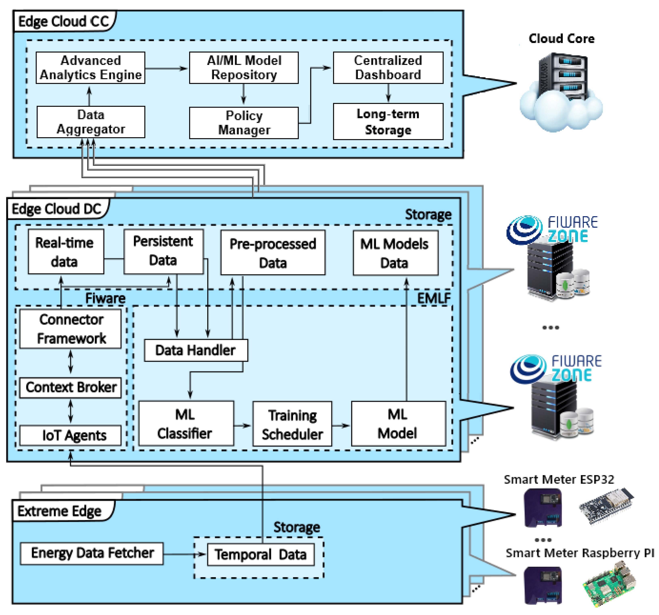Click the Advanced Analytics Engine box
pyautogui.click(x=90, y=68)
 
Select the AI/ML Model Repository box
pyautogui.click(x=244, y=68)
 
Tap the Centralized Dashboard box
pyautogui.click(x=388, y=68)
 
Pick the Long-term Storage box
pyautogui.click(x=388, y=122)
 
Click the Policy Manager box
pyautogui.click(x=244, y=123)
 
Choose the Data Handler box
pyautogui.click(x=196, y=350)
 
